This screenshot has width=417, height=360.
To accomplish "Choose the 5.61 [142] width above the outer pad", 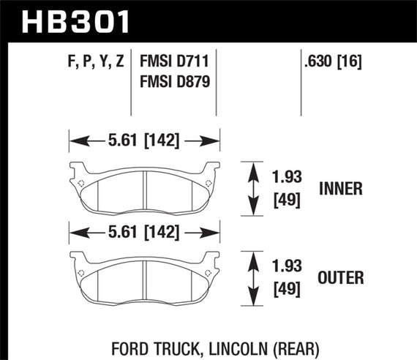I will click(x=144, y=233).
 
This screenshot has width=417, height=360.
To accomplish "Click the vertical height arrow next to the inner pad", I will click(x=253, y=188).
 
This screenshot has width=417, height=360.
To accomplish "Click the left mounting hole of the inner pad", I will click(x=81, y=182).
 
